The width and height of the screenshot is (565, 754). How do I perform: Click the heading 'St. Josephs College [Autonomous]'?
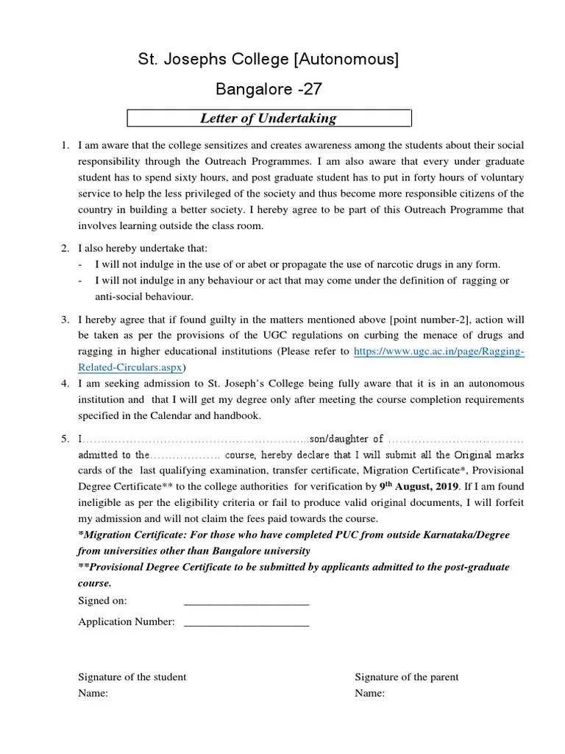tap(269, 60)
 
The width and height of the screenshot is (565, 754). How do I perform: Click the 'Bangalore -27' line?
tap(269, 90)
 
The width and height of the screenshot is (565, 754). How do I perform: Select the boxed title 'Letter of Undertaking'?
tap(269, 118)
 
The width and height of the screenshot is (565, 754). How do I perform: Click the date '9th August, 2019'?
tap(419, 486)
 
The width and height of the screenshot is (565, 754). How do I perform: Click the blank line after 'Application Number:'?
tap(246, 622)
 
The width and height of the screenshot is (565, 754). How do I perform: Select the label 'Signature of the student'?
tap(132, 677)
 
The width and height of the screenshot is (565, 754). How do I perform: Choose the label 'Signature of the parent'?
tap(407, 677)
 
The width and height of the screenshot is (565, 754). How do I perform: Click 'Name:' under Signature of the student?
tap(93, 694)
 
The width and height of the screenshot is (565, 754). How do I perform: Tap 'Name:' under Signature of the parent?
tap(370, 694)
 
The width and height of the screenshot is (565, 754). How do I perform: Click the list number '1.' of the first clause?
tap(65, 145)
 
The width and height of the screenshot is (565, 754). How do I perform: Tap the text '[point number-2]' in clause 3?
tap(427, 320)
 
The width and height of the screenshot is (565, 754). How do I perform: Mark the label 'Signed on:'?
tap(103, 601)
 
